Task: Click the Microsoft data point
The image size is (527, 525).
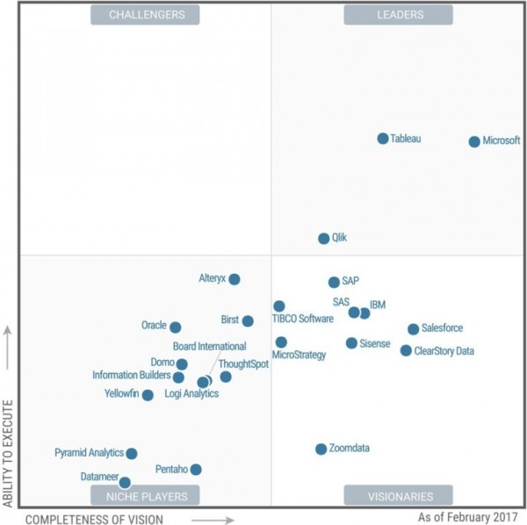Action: [474, 141]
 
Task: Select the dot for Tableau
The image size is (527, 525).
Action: [383, 139]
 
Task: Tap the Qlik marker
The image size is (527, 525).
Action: [323, 238]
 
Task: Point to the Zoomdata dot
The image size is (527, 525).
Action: [321, 449]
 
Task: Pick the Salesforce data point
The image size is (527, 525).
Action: [413, 329]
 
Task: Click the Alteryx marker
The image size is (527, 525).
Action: [235, 279]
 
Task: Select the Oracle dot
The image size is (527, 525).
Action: [176, 327]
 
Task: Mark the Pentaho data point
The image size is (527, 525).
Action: [196, 470]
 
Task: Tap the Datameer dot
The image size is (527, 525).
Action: [125, 482]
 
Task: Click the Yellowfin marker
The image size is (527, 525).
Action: [148, 395]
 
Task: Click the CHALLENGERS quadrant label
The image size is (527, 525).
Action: [146, 15]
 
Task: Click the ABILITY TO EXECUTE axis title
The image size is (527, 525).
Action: [9, 453]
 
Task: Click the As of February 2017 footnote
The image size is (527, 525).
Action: [468, 517]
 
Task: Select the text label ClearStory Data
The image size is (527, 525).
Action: [444, 351]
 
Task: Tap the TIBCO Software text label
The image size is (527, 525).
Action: [302, 319]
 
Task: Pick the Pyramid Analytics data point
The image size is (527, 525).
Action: [132, 454]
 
